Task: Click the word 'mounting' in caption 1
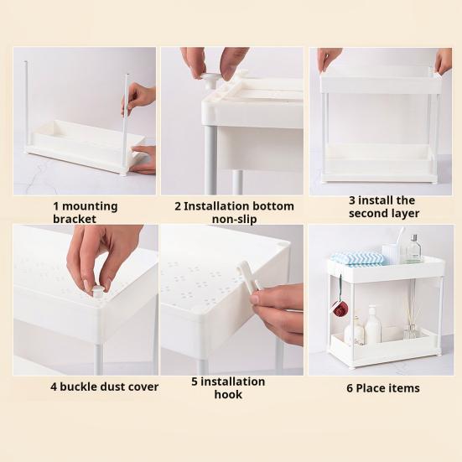pyautogui.click(x=90, y=207)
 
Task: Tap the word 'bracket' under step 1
pyautogui.click(x=75, y=219)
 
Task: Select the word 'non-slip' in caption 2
pyautogui.click(x=234, y=220)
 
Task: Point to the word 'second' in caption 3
pyautogui.click(x=368, y=213)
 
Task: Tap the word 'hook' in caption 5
pyautogui.click(x=228, y=395)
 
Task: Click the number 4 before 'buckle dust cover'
pyautogui.click(x=54, y=387)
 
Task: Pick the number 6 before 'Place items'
pyautogui.click(x=350, y=388)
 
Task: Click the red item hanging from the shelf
pyautogui.click(x=340, y=309)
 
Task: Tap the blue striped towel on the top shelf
pyautogui.click(x=357, y=258)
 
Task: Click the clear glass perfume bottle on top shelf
pyautogui.click(x=414, y=250)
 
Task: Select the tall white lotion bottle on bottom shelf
pyautogui.click(x=372, y=325)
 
